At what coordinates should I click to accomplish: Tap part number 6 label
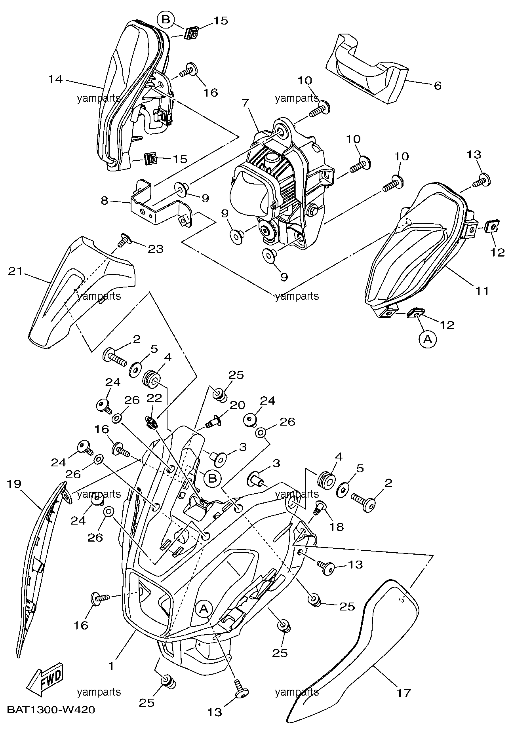click(x=438, y=86)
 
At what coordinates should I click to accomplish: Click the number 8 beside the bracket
click(x=104, y=201)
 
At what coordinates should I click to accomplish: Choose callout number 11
click(x=482, y=291)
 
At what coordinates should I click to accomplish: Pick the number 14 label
click(x=55, y=79)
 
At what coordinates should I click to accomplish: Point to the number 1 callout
click(x=111, y=666)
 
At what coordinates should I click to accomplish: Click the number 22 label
click(x=154, y=398)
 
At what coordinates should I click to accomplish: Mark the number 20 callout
click(x=238, y=405)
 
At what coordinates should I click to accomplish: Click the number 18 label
click(x=338, y=527)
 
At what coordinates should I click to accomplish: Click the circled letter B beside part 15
click(x=166, y=19)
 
